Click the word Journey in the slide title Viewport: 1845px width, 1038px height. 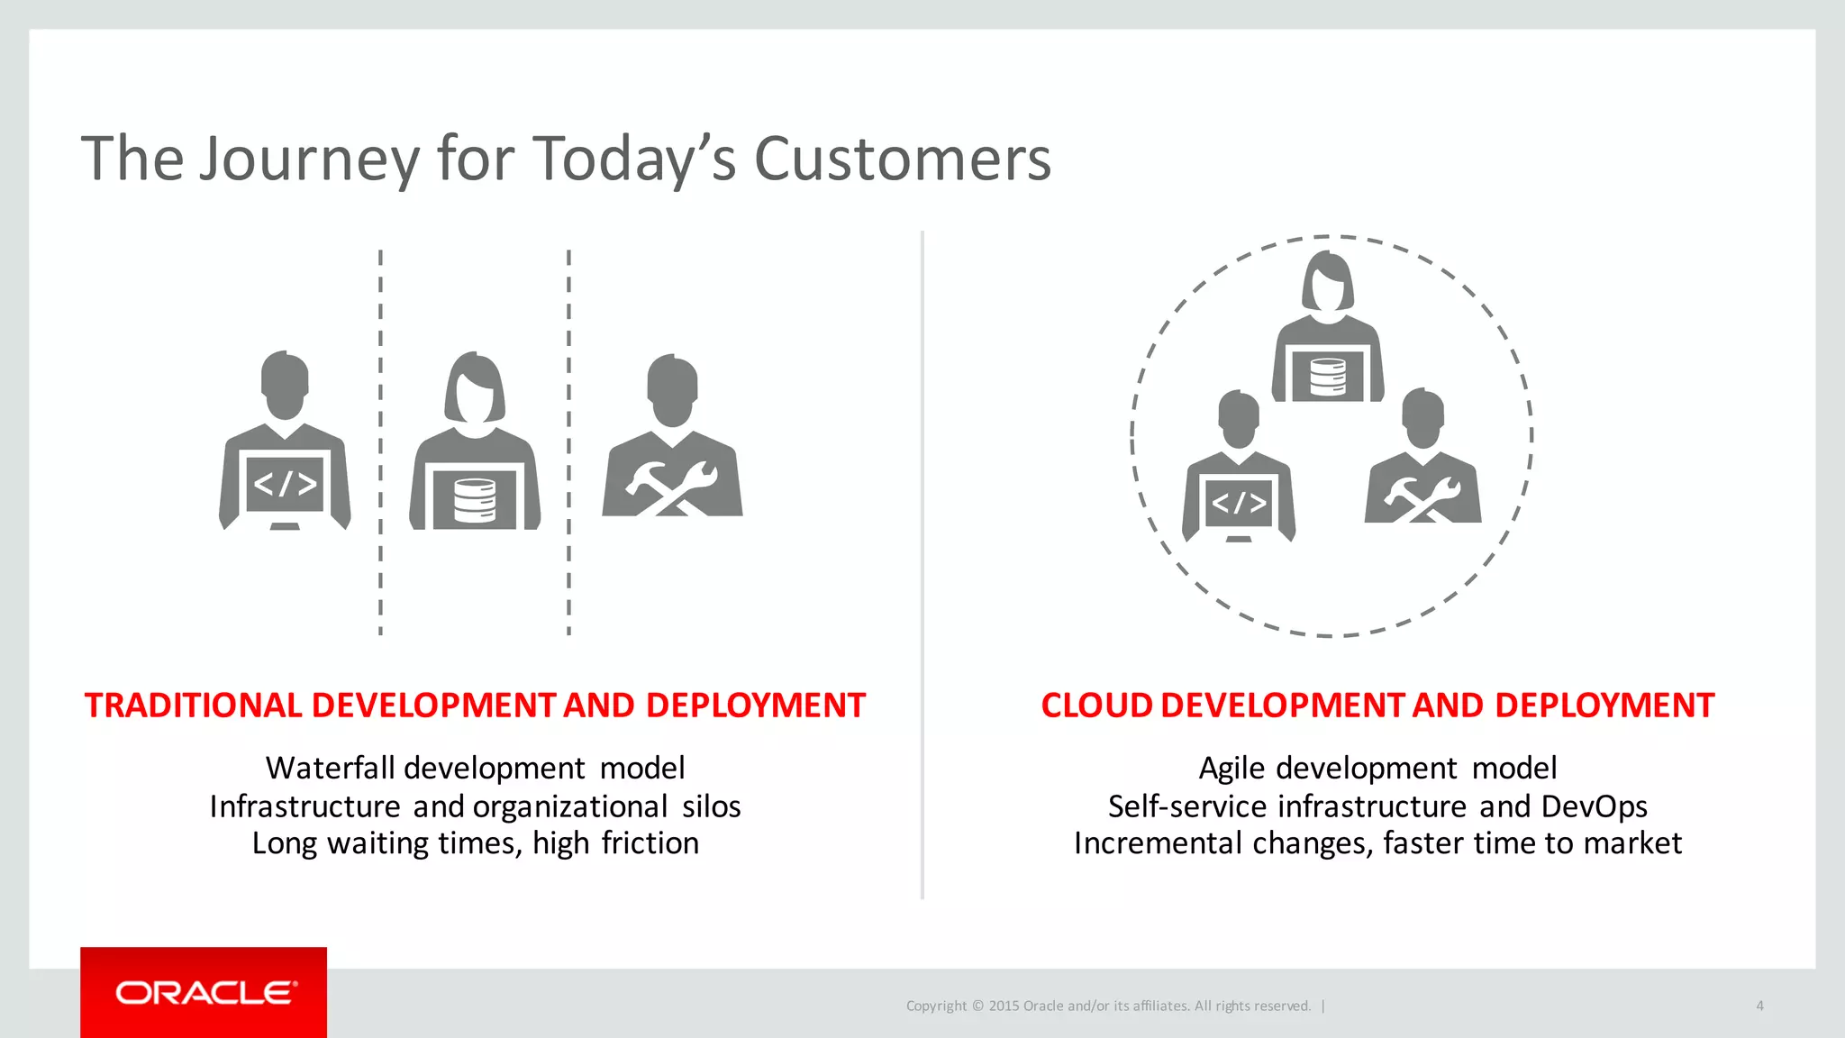[309, 159]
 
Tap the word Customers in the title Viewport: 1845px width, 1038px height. [902, 159]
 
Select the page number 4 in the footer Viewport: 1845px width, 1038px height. [1759, 1006]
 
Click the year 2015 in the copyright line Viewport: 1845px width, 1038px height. [1004, 1006]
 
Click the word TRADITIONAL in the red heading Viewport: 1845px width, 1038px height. [193, 706]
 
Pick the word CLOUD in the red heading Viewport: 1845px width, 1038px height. [1096, 706]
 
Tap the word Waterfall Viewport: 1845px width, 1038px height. [330, 768]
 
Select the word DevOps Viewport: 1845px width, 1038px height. [1594, 806]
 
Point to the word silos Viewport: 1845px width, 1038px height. [711, 806]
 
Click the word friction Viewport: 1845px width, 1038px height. [650, 843]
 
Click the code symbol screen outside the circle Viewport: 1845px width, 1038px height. [285, 484]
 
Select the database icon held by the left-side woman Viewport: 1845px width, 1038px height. [475, 501]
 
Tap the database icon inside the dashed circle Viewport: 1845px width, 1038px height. [1327, 377]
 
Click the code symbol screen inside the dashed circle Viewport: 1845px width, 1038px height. [1239, 503]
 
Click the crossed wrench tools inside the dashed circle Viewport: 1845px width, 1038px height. [1422, 498]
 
